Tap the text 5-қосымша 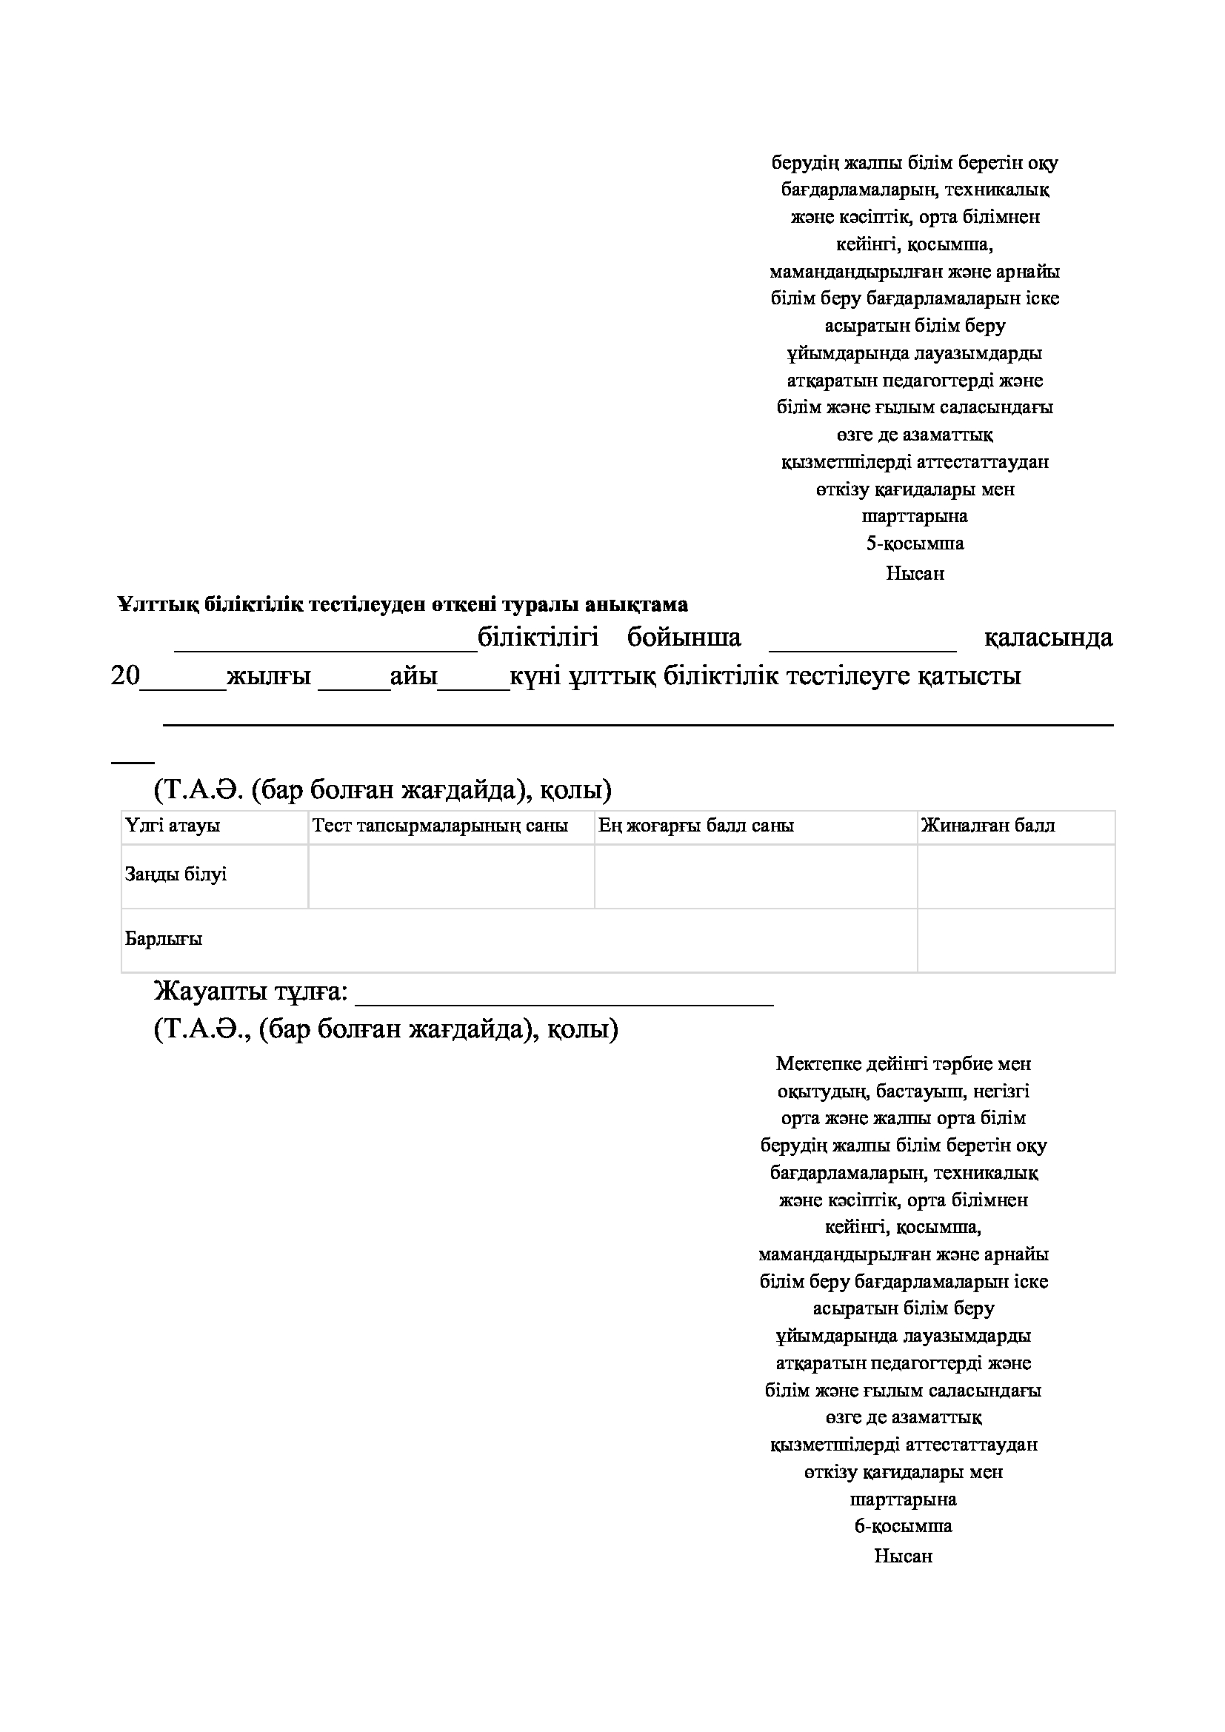(x=914, y=543)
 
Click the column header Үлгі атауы (x=173, y=825)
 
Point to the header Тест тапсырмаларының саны (x=440, y=825)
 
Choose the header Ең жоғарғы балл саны (x=696, y=825)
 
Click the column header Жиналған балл (x=988, y=825)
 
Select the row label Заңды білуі (x=176, y=875)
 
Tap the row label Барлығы (x=164, y=939)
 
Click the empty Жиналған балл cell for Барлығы (x=1015, y=940)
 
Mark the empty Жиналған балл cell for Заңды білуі (x=1015, y=876)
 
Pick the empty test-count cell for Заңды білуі (x=451, y=876)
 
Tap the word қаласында (x=1049, y=638)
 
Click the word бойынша (x=684, y=638)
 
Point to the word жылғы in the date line (x=270, y=676)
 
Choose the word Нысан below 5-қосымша (x=914, y=573)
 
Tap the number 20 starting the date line (x=125, y=676)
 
